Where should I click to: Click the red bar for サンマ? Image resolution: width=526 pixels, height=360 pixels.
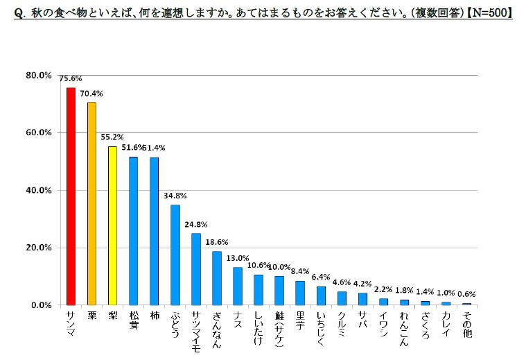pyautogui.click(x=71, y=196)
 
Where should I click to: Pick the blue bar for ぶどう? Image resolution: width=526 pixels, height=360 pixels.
pyautogui.click(x=175, y=255)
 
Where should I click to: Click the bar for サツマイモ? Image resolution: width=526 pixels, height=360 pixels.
pyautogui.click(x=196, y=269)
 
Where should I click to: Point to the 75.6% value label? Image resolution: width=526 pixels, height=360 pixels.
pyautogui.click(x=71, y=79)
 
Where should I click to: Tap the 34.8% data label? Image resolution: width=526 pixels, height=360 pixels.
pyautogui.click(x=175, y=196)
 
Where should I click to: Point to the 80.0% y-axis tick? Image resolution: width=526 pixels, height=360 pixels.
pyautogui.click(x=39, y=75)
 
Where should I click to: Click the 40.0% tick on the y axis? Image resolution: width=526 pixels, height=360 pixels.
pyautogui.click(x=39, y=190)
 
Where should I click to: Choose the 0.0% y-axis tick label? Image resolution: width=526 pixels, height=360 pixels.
pyautogui.click(x=41, y=305)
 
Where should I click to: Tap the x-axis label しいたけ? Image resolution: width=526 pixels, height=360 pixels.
pyautogui.click(x=258, y=328)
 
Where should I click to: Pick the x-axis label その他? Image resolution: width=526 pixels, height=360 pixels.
pyautogui.click(x=467, y=324)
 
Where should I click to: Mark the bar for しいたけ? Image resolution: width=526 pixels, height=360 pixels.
pyautogui.click(x=258, y=290)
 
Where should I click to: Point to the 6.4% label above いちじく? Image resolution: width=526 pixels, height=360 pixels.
pyautogui.click(x=321, y=277)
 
